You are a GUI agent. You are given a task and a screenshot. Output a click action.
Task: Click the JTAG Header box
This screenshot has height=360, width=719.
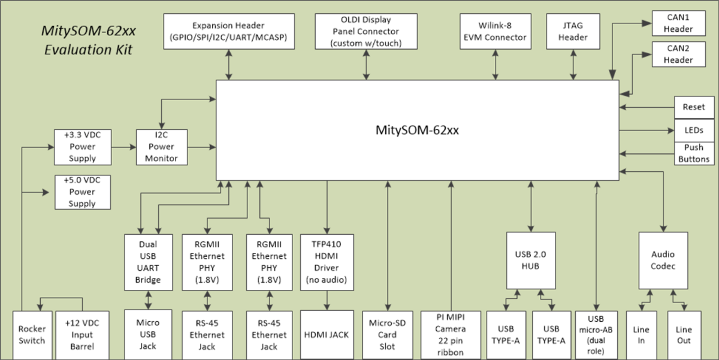573,31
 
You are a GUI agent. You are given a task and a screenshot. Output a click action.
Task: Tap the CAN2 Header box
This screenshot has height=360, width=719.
678,54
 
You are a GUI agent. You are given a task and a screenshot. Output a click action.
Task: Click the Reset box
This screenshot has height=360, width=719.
694,107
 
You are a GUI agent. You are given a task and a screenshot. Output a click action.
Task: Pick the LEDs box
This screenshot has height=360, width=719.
694,130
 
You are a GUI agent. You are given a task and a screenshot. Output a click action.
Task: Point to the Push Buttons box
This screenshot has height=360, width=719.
694,153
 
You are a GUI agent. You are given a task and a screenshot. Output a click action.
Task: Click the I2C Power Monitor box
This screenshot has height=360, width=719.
161,147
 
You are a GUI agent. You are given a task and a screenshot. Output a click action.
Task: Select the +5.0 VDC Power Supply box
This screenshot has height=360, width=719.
82,192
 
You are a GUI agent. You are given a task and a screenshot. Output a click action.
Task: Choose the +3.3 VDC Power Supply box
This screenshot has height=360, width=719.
82,147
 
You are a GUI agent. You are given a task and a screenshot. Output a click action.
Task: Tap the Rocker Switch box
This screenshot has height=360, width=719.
32,335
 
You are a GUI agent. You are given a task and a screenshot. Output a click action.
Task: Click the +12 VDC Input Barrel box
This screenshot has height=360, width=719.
78,335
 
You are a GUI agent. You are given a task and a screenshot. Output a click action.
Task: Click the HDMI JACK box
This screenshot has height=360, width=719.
326,335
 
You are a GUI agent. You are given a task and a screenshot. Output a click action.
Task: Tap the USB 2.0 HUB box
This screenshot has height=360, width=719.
530,261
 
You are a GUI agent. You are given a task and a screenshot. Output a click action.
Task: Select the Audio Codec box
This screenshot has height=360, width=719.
662,261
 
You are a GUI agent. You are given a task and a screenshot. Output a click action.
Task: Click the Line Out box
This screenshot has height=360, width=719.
683,335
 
